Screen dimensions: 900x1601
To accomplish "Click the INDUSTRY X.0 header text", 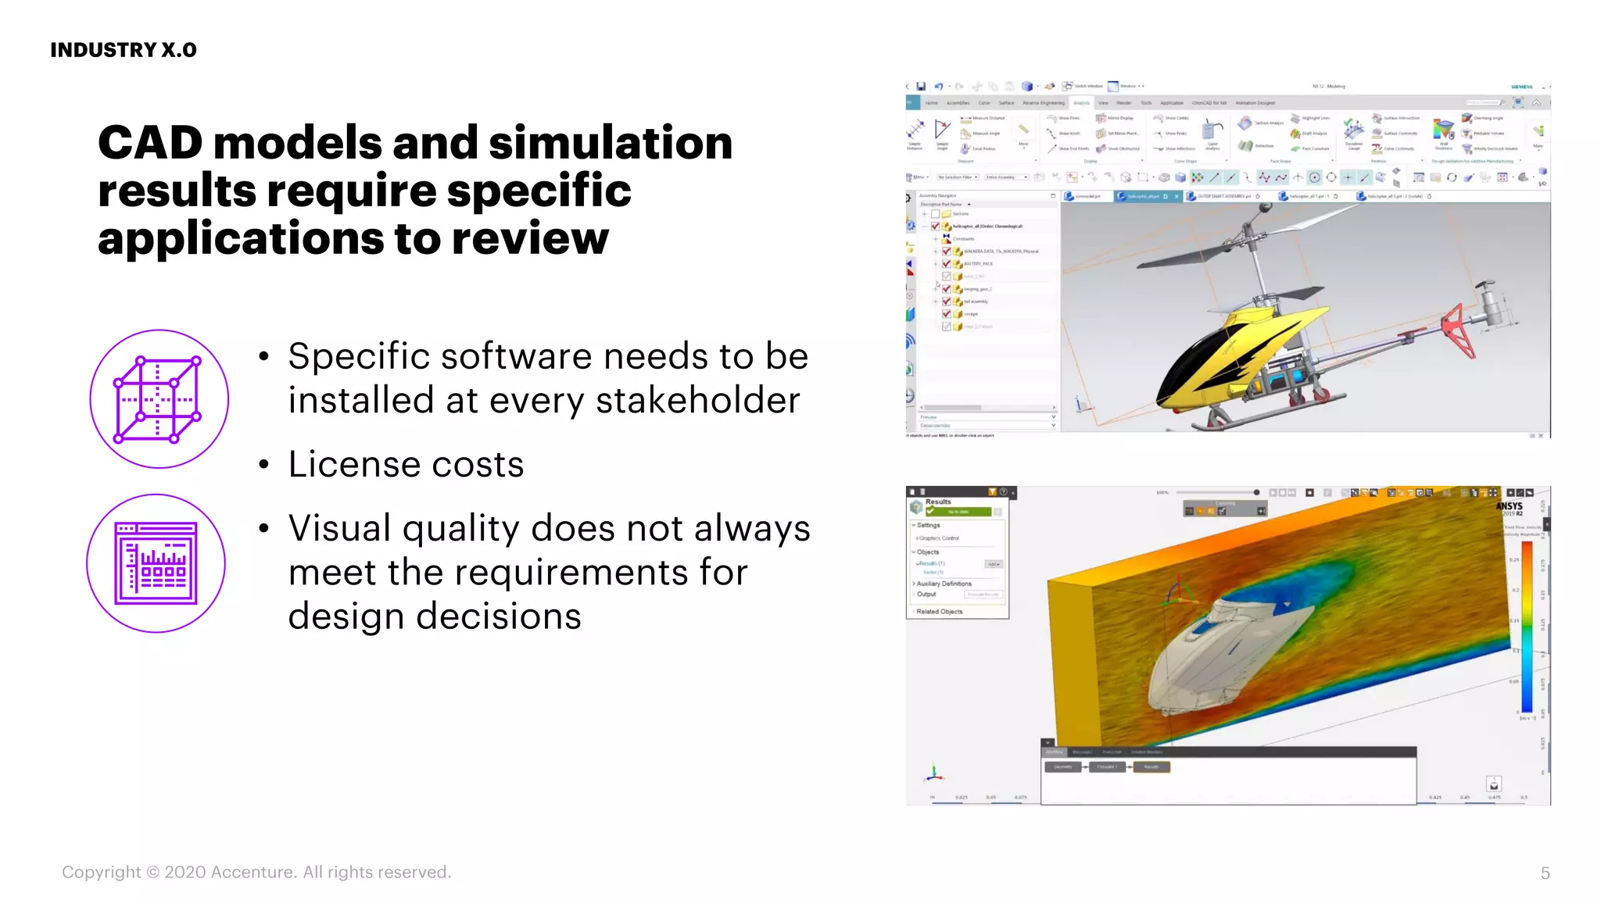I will pyautogui.click(x=124, y=50).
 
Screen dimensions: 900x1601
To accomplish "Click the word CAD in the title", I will pyautogui.click(x=150, y=143).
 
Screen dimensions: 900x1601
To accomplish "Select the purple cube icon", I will pyautogui.click(x=159, y=399).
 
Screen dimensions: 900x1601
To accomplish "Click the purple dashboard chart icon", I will pyautogui.click(x=156, y=563).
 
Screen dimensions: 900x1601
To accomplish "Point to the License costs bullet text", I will pyautogui.click(x=406, y=464).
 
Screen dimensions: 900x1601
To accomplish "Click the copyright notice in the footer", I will pyautogui.click(x=256, y=872).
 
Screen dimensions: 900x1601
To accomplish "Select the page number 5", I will pyautogui.click(x=1545, y=873).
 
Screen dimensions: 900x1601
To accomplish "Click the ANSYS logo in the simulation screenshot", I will pyautogui.click(x=1509, y=506).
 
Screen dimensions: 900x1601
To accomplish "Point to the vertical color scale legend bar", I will pyautogui.click(x=1526, y=625).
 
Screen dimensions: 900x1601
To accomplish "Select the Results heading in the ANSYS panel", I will pyautogui.click(x=938, y=502).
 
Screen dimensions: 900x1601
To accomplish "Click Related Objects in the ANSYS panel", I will pyautogui.click(x=939, y=612).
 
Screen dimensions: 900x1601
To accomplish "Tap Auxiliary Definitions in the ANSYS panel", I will pyautogui.click(x=944, y=584).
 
